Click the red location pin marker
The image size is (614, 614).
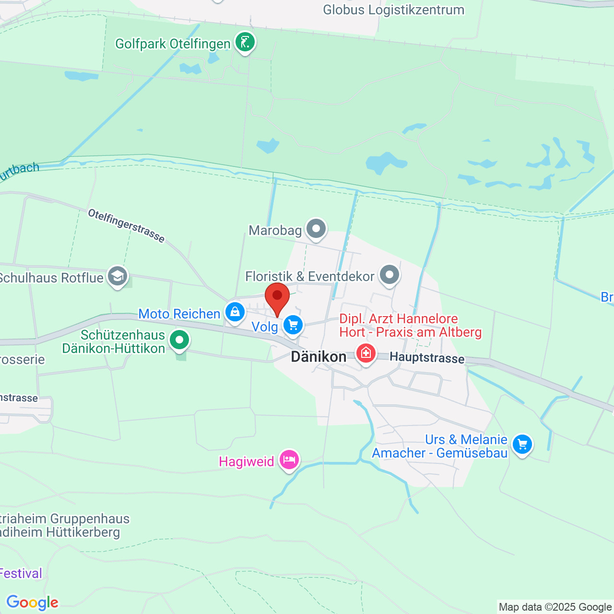pos(277,297)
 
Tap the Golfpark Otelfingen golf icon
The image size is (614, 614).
pos(245,43)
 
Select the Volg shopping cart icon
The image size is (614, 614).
pos(293,325)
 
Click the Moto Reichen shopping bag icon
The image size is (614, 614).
pos(235,312)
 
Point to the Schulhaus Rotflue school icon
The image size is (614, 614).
pos(118,276)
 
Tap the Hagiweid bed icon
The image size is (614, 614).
pos(289,460)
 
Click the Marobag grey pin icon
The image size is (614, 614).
pos(316,229)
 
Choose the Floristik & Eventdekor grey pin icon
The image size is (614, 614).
pos(390,275)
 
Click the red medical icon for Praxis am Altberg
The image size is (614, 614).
pos(366,354)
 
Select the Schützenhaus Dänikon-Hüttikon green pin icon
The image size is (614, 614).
pos(180,340)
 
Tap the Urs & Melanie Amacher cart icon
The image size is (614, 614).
pos(522,444)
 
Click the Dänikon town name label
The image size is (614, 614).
pos(319,357)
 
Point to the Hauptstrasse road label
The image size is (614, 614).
pos(427,358)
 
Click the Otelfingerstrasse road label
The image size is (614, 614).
pos(126,225)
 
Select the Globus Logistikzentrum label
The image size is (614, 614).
pos(393,10)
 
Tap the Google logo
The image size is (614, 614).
pos(32,602)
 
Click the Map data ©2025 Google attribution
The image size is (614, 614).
pos(555,607)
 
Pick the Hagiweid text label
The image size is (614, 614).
pos(247,461)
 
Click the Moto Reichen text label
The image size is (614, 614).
pos(179,314)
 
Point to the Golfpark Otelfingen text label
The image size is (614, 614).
pos(173,44)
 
